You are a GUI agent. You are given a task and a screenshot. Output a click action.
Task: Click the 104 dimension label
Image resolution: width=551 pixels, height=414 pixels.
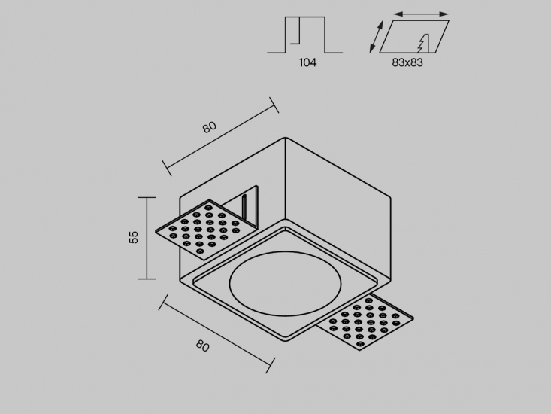click(x=308, y=62)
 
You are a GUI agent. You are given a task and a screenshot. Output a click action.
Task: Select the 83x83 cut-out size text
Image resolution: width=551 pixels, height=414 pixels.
click(x=407, y=62)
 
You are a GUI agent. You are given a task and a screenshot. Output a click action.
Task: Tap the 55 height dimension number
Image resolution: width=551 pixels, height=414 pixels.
click(x=134, y=237)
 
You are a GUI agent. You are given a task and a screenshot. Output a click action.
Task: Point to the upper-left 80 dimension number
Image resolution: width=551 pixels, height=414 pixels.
click(x=210, y=127)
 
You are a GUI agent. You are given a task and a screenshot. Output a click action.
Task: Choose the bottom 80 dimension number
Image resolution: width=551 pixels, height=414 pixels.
click(x=203, y=346)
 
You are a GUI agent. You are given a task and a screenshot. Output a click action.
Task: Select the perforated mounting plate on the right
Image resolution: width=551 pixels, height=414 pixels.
click(x=365, y=322)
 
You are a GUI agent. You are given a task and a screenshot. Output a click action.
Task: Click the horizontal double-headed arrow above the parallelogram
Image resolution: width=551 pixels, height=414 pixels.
click(x=421, y=14)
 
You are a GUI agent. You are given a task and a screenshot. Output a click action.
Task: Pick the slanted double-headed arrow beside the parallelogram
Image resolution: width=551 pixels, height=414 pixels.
click(x=376, y=37)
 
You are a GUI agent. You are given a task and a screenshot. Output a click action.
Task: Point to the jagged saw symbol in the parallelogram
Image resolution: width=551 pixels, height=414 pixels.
click(x=423, y=43)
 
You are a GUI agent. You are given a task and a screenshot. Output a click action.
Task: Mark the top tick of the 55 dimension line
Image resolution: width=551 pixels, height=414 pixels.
click(x=147, y=198)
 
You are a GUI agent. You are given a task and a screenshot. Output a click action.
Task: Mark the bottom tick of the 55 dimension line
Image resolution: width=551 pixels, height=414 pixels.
click(x=147, y=279)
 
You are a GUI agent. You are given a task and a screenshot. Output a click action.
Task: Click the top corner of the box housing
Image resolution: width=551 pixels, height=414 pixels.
click(x=286, y=138)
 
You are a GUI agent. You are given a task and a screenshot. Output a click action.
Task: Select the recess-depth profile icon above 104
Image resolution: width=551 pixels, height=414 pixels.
click(x=304, y=35)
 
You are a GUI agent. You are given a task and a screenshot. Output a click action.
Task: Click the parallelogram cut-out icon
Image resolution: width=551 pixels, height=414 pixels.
click(x=414, y=37)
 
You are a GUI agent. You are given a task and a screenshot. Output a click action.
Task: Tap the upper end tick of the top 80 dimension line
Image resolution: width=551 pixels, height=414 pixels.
click(x=274, y=105)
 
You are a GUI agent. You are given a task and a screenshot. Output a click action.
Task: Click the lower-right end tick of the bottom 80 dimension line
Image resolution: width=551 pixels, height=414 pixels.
click(x=270, y=365)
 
